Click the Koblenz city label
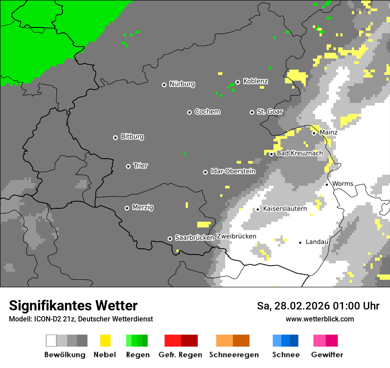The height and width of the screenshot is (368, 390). [x=255, y=81]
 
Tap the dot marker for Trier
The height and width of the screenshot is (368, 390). [x=128, y=166]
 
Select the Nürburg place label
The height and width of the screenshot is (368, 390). [x=182, y=84]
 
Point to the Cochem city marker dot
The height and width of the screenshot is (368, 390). [x=189, y=112]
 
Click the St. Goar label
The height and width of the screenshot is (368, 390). [x=269, y=112]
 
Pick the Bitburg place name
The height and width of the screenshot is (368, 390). [x=132, y=137]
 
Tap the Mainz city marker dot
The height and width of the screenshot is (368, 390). [x=314, y=133]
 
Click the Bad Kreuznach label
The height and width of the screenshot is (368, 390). [x=300, y=153]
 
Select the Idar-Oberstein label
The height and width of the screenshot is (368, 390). [x=233, y=171]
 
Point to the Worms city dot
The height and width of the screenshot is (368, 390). [x=327, y=184]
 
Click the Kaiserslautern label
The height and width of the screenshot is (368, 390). [x=285, y=208]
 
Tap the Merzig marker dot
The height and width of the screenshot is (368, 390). [x=127, y=208]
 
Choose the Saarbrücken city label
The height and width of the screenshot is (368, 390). [x=194, y=238]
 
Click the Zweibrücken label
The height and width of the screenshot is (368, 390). [x=236, y=236]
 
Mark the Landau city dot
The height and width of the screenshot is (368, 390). [x=300, y=243]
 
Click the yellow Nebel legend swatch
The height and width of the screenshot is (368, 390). [x=105, y=341]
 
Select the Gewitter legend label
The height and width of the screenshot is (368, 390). [x=327, y=355]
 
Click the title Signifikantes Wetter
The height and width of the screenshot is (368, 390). [x=73, y=305]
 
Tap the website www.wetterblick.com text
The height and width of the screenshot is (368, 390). [x=320, y=319]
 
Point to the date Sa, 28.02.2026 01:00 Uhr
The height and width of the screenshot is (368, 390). [x=318, y=306]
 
